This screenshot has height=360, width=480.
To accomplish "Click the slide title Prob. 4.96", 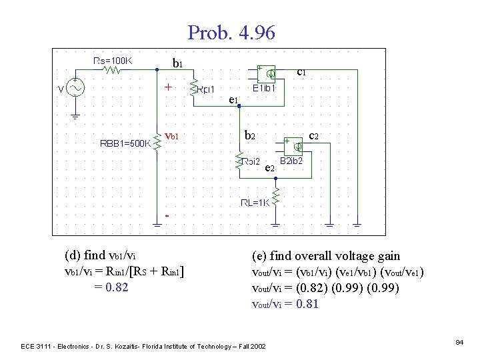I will pos(231,33).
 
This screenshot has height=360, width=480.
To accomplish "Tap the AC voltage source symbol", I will pos(75,89).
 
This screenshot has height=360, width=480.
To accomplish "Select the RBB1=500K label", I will pos(124,143).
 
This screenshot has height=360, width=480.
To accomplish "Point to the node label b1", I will pos(177,64).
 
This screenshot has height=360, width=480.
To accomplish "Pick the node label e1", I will pos(233,99).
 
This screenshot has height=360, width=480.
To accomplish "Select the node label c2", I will pos(314,135).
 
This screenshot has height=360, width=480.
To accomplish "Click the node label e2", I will pos(270,167).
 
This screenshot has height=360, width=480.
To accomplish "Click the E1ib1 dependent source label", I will pos(268,87).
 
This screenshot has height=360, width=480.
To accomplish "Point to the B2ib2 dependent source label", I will pos(291,161).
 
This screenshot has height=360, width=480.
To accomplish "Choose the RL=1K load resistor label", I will pos(255,203).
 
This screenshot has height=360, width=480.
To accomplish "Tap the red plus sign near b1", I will pos(169,87).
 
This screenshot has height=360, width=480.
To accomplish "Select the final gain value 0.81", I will pos(307,304).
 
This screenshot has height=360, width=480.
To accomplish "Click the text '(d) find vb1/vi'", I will pos(103,255).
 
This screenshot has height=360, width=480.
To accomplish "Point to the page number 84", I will pos(459,342).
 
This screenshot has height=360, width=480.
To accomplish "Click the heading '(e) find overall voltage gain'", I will pos(325,256).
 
